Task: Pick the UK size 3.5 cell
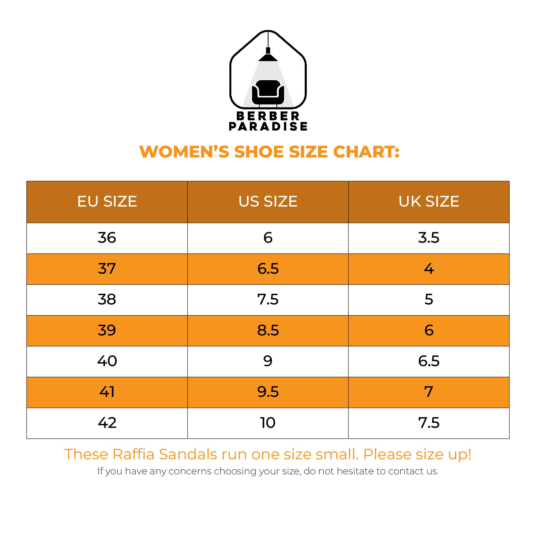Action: click(x=429, y=238)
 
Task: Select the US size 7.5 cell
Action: click(x=268, y=300)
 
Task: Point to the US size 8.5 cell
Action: click(x=268, y=330)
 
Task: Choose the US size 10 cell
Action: click(x=268, y=423)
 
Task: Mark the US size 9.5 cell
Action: click(x=268, y=392)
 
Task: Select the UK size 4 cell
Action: click(x=429, y=269)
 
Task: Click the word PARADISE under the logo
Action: click(x=268, y=126)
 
